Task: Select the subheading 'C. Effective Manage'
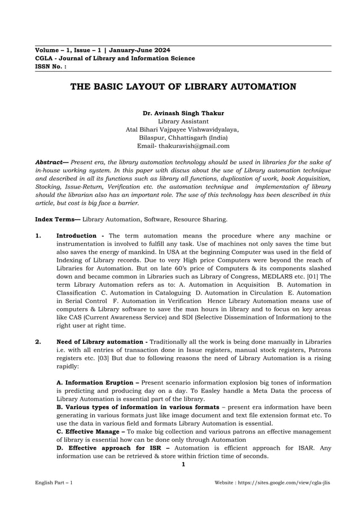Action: (x=87, y=432)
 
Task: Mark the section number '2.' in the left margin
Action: (x=38, y=342)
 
